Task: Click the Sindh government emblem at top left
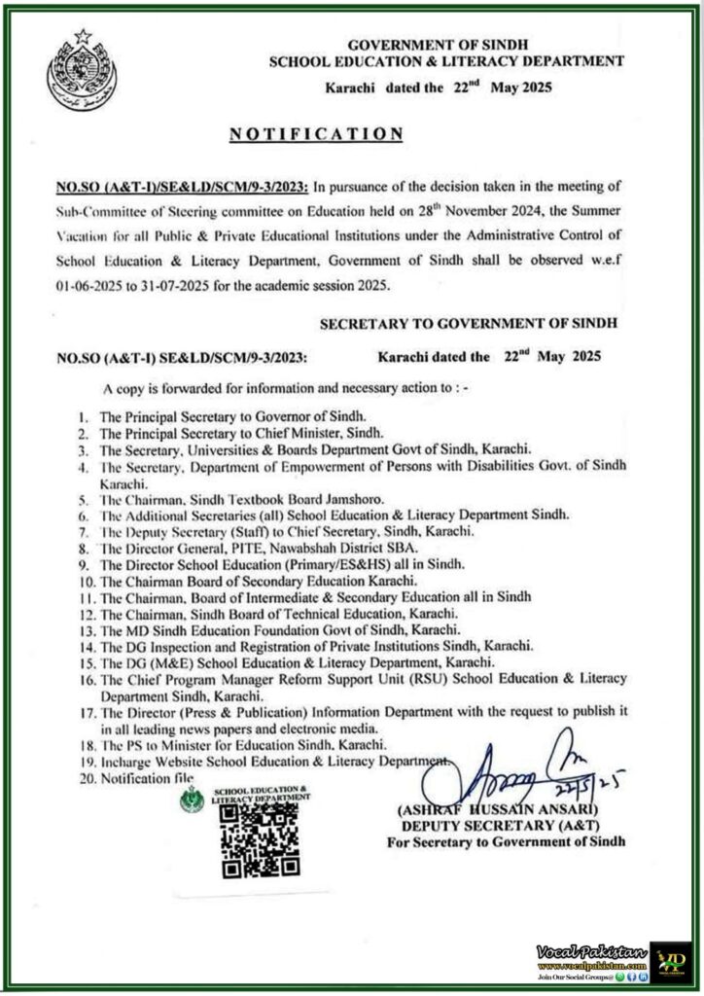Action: pos(80,71)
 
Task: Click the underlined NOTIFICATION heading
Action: pos(315,132)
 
